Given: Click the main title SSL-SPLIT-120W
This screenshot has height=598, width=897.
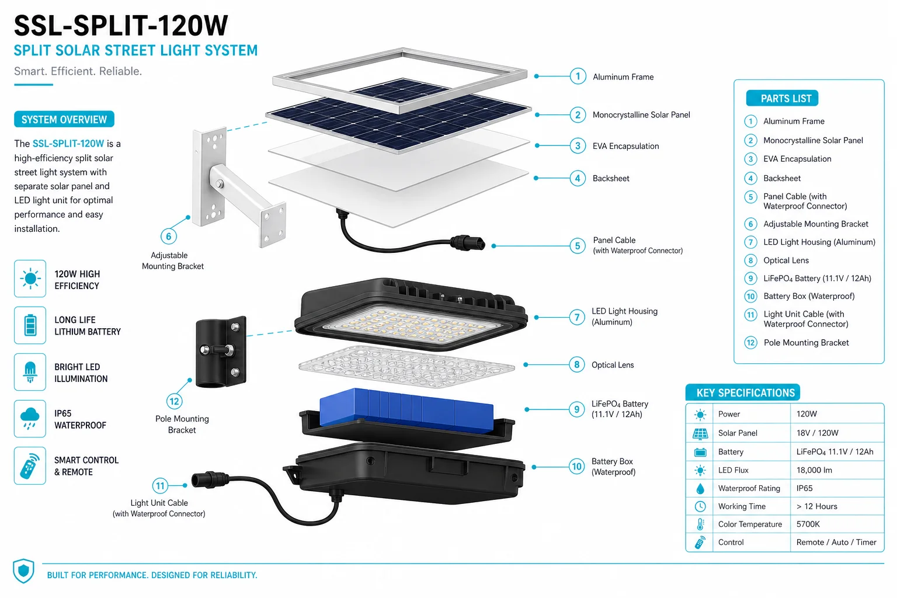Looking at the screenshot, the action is pos(121,26).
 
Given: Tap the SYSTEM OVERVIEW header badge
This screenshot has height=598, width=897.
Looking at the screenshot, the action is pos(64,119).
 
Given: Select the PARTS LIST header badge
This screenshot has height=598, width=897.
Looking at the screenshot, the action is pos(782,98).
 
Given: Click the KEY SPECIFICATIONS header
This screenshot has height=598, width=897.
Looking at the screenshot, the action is pos(743,392).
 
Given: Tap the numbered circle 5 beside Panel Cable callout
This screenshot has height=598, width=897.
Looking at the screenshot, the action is pos(578,245).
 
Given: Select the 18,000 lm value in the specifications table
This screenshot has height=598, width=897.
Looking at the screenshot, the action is pos(813,470).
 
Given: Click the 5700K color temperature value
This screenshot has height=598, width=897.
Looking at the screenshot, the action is pos(808,524).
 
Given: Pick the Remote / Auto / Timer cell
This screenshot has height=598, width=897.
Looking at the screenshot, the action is pos(836,542).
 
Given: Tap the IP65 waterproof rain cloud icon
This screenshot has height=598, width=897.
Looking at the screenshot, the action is pos(30,419).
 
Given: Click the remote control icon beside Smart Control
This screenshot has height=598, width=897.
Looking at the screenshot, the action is pos(30,466).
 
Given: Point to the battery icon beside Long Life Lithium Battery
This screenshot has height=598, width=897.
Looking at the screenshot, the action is pos(30,325).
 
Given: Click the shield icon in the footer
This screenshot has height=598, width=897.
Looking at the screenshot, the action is pos(23,571).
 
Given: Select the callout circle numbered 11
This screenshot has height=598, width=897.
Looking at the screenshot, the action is pos(160,485).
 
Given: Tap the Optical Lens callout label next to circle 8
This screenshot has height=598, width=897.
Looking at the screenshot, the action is pos(613,365).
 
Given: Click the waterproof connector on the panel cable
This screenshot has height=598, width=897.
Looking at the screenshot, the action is pos(468,243).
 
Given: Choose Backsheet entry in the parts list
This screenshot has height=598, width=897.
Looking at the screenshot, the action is pos(782,178).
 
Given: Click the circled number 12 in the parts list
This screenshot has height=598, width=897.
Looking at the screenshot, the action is pos(750,342).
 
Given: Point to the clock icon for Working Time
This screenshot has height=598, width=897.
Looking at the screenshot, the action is pos(700,506).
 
